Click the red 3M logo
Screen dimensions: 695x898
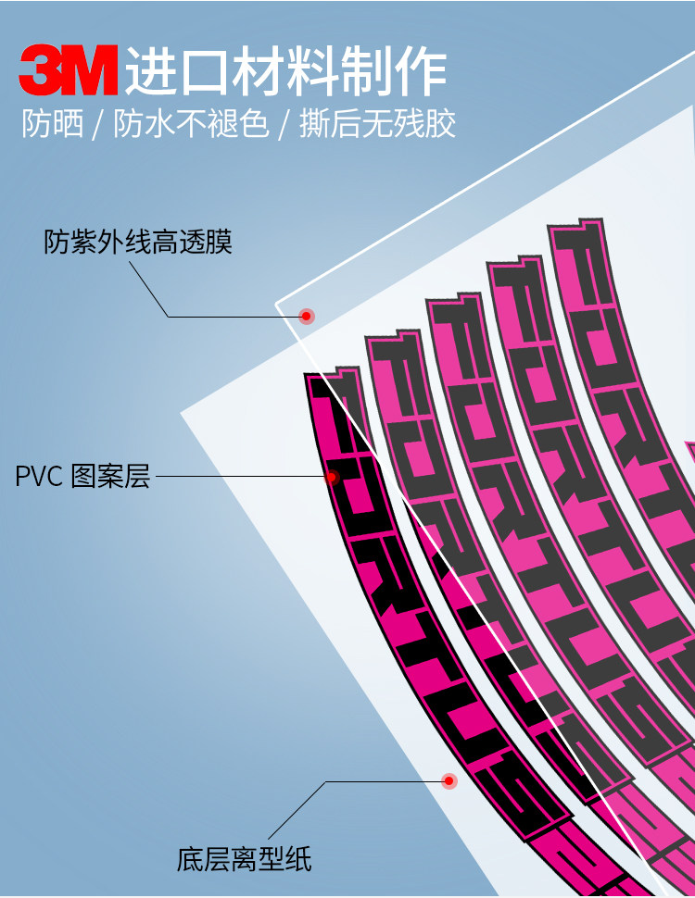tap(69, 71)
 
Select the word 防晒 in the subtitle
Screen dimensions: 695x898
tap(53, 124)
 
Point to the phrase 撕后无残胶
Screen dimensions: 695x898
tap(378, 124)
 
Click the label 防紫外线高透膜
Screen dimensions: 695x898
tap(138, 243)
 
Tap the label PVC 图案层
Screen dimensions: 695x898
tap(82, 478)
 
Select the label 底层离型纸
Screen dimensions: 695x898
tap(245, 859)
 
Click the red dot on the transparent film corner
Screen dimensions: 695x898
tap(307, 316)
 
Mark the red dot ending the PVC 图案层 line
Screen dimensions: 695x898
tap(332, 478)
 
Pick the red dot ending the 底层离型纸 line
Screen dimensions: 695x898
tap(449, 781)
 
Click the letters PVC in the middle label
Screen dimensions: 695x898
tap(38, 478)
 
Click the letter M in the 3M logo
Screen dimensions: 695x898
tap(92, 71)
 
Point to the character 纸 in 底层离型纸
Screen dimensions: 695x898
tap(298, 859)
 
